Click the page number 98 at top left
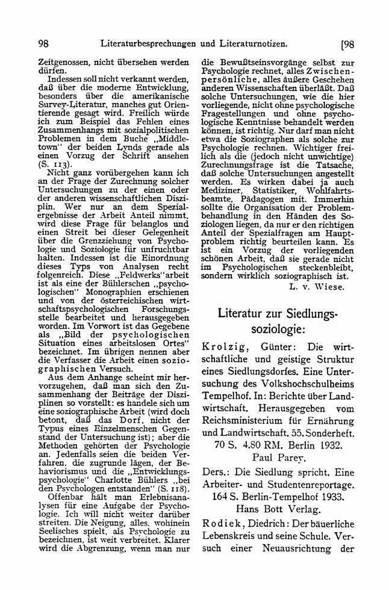(x=43, y=44)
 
